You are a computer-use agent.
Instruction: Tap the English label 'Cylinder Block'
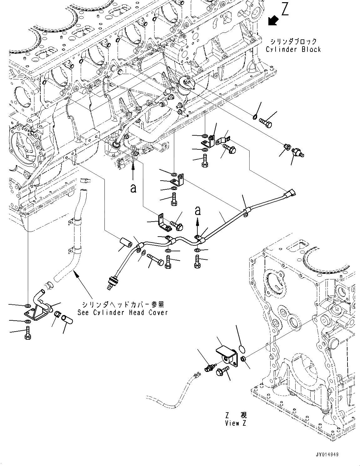293,49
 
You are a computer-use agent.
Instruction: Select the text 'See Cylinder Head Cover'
123,312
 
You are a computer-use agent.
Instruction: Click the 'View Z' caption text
236,423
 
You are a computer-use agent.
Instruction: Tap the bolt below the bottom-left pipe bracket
27,332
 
